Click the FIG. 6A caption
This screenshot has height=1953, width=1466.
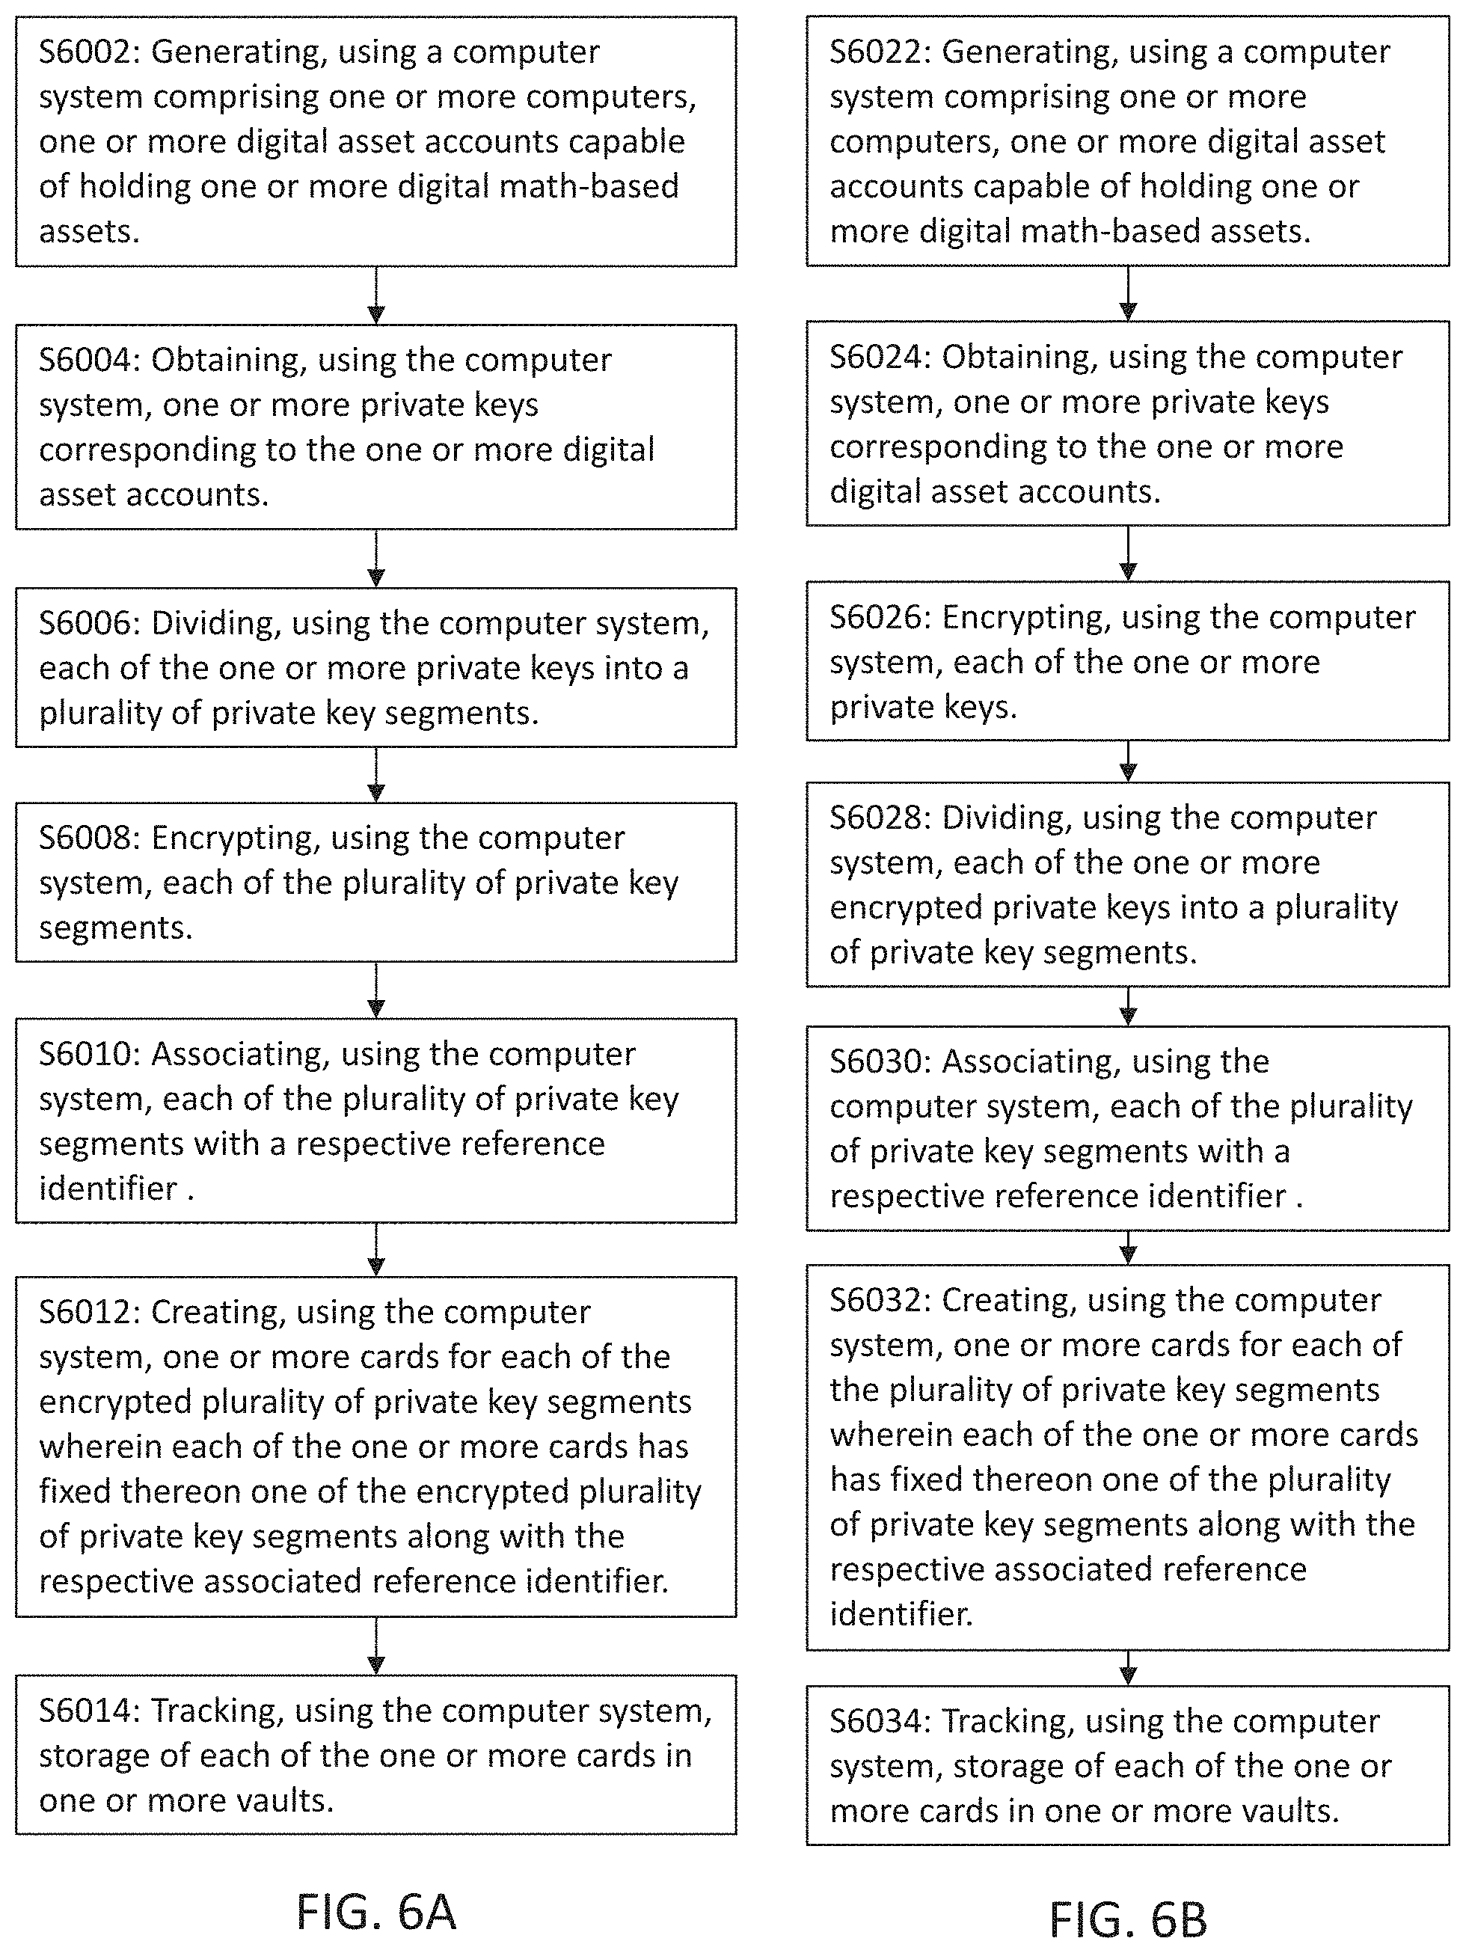pyautogui.click(x=376, y=1913)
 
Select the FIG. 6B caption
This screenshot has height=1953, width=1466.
pyautogui.click(x=1128, y=1919)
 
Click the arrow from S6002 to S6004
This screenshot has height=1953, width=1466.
pyautogui.click(x=376, y=295)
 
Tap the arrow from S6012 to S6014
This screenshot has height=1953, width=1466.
pyautogui.click(x=376, y=1646)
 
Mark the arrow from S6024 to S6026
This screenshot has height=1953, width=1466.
pyautogui.click(x=1128, y=554)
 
